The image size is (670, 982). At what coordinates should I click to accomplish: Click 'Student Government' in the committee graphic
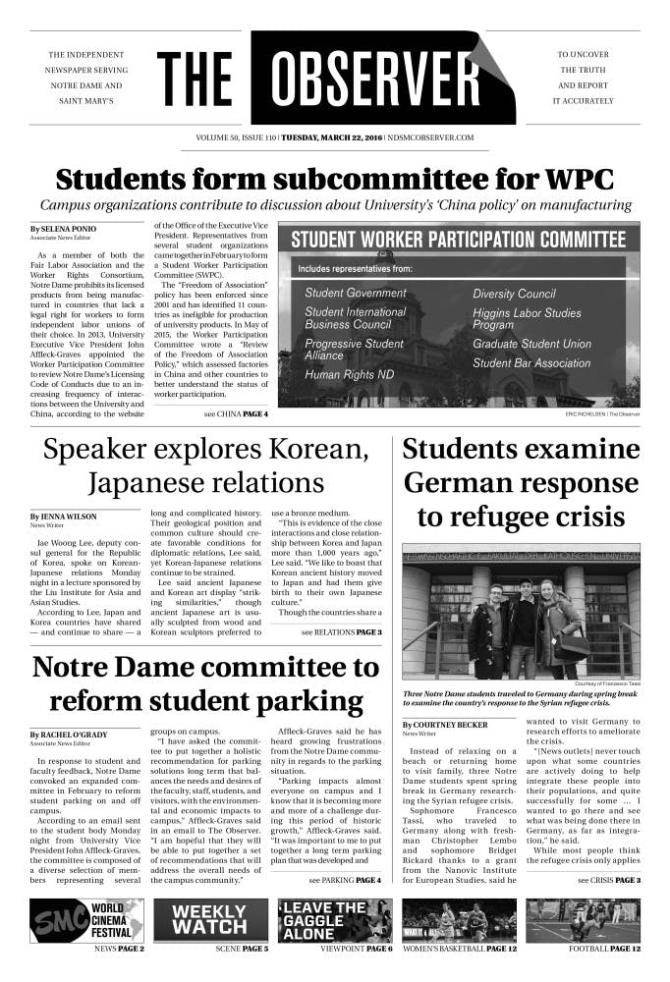coord(355,293)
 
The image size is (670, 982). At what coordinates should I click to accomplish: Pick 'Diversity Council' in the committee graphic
coord(514,294)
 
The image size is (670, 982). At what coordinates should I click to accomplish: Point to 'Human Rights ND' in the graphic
coord(350,374)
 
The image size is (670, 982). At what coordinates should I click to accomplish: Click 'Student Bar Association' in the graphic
coord(531,363)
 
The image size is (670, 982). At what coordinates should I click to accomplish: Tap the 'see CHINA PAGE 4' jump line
coord(236,414)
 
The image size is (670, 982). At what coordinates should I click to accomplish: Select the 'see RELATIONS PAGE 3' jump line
coord(342,631)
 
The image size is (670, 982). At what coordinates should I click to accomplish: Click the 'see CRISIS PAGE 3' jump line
coord(609,880)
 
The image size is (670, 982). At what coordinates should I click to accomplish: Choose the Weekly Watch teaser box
coord(210,920)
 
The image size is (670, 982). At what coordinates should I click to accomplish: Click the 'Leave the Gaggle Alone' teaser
coord(335,920)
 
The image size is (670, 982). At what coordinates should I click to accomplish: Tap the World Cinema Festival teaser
coord(87,920)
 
